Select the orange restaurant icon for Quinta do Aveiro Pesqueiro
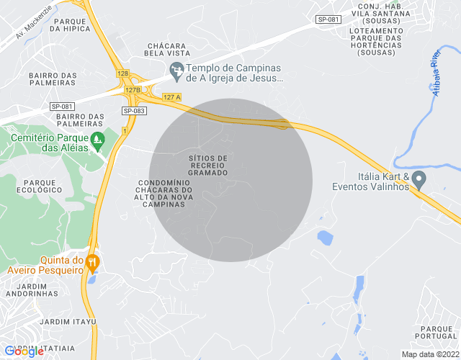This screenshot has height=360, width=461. click(91, 260)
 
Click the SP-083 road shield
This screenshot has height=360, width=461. click(134, 111)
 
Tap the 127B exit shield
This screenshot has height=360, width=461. click(132, 90)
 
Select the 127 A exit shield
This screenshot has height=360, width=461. click(171, 97)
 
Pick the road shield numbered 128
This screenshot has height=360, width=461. click(122, 74)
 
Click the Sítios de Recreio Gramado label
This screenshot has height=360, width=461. click(207, 165)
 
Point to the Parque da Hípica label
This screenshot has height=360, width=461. click(71, 24)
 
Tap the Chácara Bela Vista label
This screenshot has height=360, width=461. click(166, 50)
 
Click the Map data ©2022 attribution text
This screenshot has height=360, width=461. click(429, 354)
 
